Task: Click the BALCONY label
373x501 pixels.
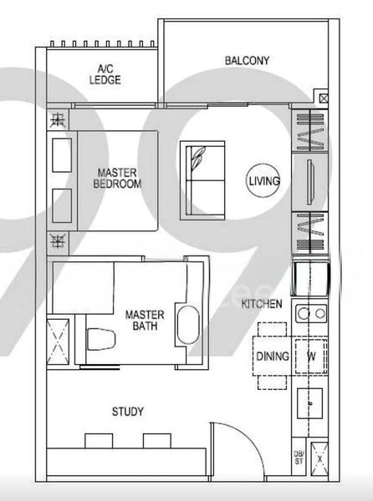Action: pos(247,60)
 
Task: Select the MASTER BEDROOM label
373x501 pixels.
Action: pos(118,178)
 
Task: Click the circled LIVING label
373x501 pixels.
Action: pos(264,180)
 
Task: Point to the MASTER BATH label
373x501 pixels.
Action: pos(144,321)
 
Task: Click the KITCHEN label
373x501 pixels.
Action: pos(262,304)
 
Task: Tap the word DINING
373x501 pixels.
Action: pos(272,357)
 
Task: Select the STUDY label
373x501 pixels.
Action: pos(128,412)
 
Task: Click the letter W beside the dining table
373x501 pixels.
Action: pos(310,357)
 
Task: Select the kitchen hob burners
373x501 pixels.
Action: pos(311,314)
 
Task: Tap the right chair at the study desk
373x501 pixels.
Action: pos(155,440)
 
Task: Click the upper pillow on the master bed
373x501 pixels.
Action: pos(63,154)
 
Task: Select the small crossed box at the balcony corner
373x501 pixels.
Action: pos(324,98)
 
